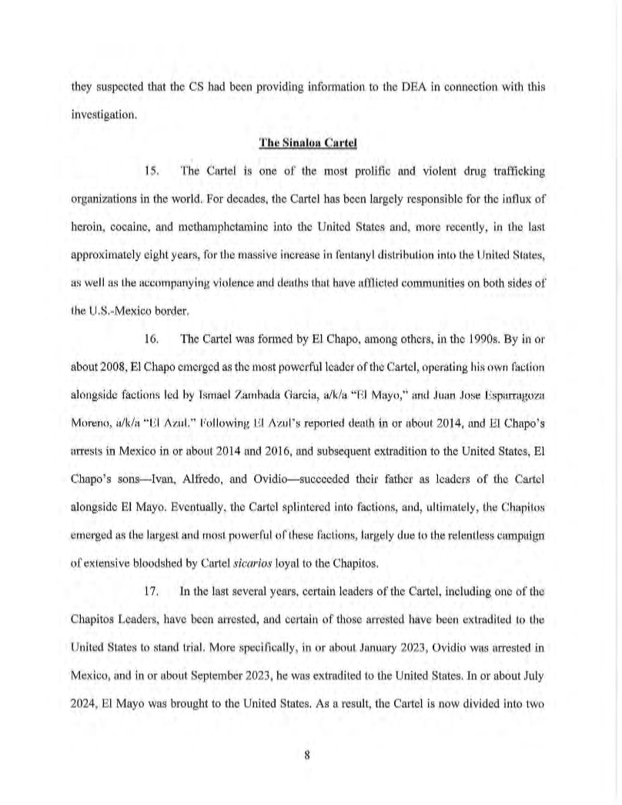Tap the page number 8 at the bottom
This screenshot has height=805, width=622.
click(x=306, y=755)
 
